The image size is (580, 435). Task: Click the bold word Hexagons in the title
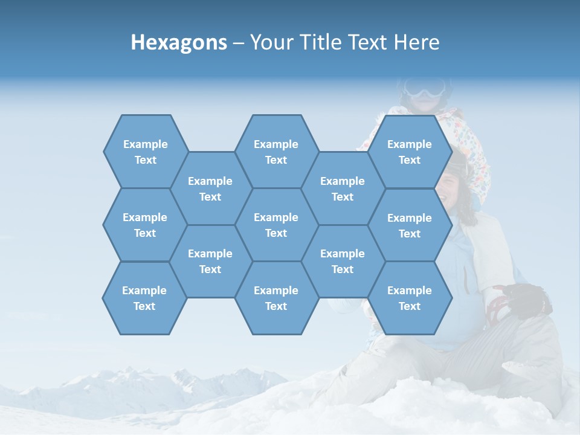coord(179,42)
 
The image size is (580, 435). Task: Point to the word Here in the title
coord(417,42)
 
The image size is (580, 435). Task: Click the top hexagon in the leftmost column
coord(145,152)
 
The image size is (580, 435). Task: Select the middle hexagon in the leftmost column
coord(145,225)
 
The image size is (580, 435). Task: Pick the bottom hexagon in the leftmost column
coord(144,298)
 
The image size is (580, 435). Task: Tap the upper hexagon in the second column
coord(210,188)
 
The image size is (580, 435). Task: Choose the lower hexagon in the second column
coord(210,261)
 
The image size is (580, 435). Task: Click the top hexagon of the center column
coord(276,152)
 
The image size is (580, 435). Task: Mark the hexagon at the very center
coord(276,225)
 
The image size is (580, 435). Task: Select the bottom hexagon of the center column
coord(276,298)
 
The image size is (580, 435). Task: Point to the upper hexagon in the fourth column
coord(343,188)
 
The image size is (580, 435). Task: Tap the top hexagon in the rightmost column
coord(410,152)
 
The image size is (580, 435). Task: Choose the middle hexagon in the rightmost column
coord(410,225)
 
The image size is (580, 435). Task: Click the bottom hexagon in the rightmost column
coord(410,298)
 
